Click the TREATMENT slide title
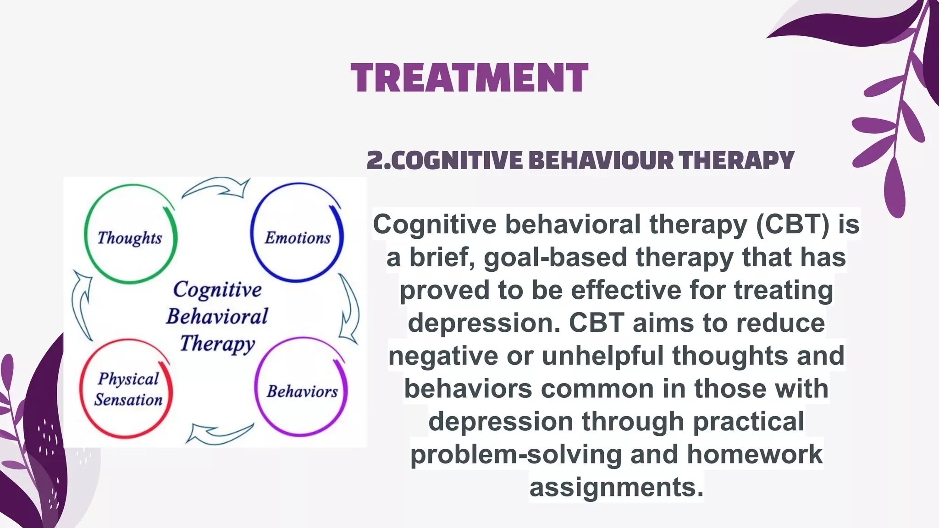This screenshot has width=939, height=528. click(469, 78)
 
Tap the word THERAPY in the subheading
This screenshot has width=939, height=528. click(736, 160)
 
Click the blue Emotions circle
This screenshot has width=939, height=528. click(297, 233)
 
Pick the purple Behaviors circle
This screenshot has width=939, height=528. click(301, 388)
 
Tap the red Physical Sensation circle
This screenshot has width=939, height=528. click(127, 389)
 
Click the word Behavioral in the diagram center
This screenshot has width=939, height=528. click(217, 317)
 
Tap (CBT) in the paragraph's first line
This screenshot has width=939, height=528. click(792, 225)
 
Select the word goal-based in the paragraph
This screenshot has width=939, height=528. click(555, 257)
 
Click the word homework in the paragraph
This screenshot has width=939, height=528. click(754, 454)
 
